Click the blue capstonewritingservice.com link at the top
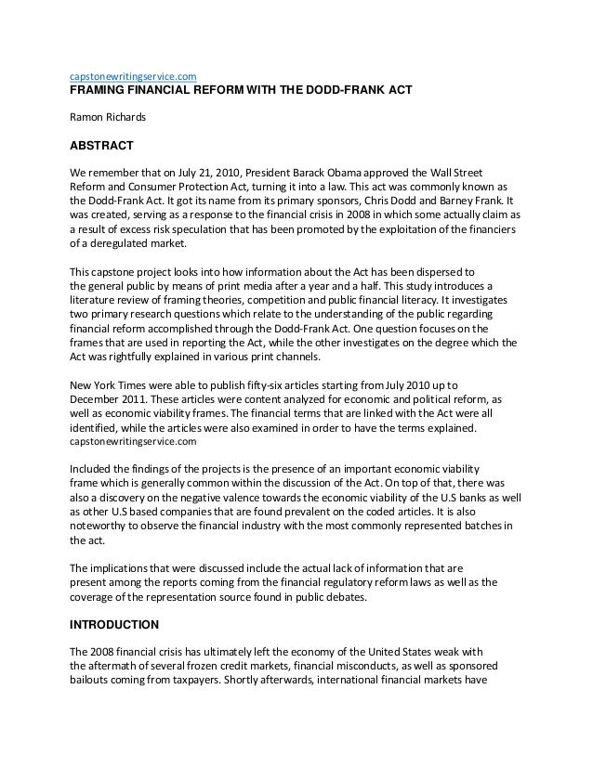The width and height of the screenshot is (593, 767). pyautogui.click(x=133, y=75)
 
